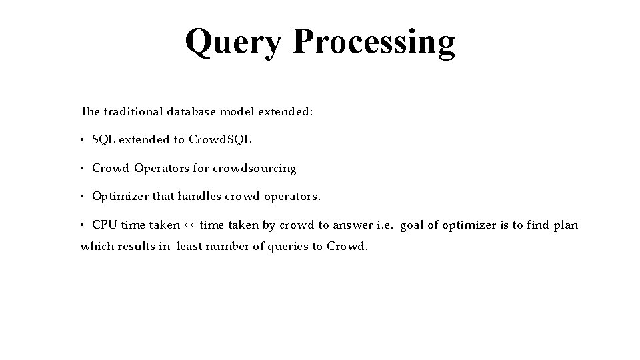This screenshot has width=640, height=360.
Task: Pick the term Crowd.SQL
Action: tap(220, 140)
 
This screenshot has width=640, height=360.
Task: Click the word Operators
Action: tap(162, 169)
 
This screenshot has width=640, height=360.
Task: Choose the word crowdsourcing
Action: tap(254, 169)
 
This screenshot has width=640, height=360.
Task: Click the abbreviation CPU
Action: tap(104, 225)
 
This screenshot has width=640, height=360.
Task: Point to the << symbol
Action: tap(190, 225)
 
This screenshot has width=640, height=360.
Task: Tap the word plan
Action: tap(565, 225)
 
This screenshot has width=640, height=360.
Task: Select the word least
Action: tap(189, 247)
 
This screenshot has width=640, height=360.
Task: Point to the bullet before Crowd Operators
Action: tap(83, 169)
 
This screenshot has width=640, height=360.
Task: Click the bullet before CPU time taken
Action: tap(83, 225)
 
